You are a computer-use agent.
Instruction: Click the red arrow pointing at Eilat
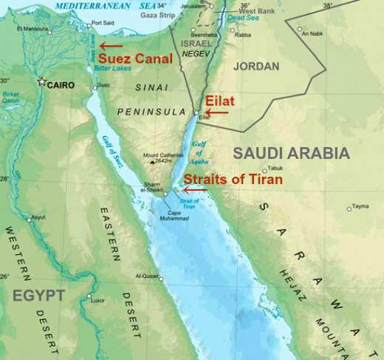tap(216, 112)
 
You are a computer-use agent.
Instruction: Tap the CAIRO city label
tap(61, 85)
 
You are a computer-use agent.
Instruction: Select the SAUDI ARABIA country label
tap(291, 153)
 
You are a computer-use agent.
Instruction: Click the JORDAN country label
tap(256, 66)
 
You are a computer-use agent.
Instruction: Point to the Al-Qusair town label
tap(148, 277)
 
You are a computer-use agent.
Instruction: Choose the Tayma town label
tap(360, 206)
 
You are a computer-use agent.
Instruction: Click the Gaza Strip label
tap(158, 14)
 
